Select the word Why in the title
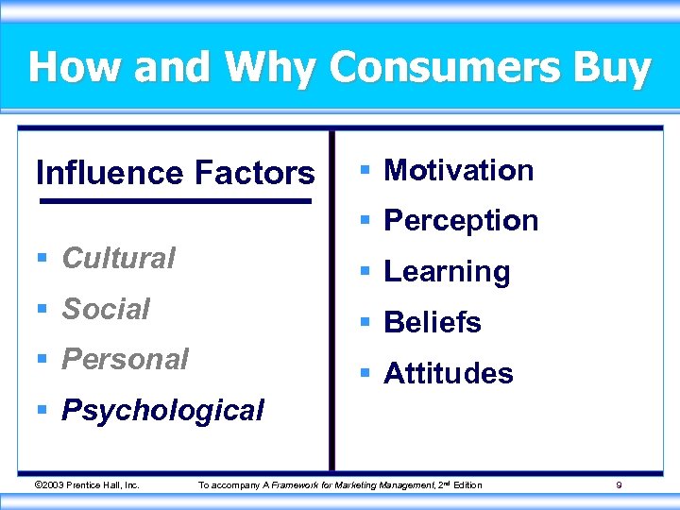274,68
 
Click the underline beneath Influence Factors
175,201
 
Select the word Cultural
118,258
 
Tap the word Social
106,309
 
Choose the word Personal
125,360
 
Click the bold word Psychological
162,411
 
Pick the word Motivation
459,170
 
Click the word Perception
461,221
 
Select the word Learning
447,272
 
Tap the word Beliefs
433,323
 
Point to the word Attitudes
449,374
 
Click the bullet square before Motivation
365,171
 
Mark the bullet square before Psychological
42,411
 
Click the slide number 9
619,485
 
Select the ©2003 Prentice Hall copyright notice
86,485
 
